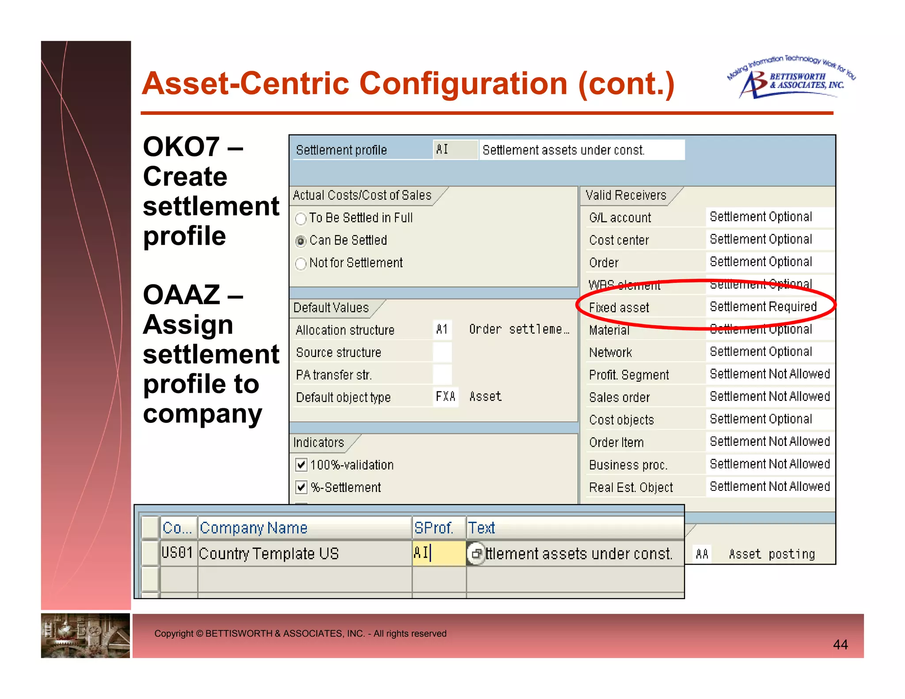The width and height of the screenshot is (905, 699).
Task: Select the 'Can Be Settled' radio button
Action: tap(301, 241)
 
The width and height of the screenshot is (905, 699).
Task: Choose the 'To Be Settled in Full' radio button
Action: tap(301, 219)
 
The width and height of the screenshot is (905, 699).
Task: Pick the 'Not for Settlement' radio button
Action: tap(301, 264)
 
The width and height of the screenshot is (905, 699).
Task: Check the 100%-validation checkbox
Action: tap(301, 465)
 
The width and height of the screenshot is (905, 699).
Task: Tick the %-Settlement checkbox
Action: tap(301, 487)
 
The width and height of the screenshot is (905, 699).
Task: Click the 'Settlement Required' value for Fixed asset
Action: tap(763, 307)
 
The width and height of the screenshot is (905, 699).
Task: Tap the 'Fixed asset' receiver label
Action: tap(619, 308)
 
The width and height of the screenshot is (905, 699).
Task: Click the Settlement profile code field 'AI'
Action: tap(455, 150)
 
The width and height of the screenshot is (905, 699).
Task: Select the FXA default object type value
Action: tap(445, 397)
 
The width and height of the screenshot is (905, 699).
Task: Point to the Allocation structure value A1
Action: tap(442, 330)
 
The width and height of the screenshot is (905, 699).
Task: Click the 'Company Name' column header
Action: tap(254, 528)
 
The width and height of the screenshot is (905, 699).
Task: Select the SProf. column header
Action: tap(434, 528)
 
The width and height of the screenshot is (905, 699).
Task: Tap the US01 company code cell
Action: tap(177, 553)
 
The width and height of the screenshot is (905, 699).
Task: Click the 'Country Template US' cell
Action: tap(269, 554)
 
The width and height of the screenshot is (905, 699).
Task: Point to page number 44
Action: tap(840, 645)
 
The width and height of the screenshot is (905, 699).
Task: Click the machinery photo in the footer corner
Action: tap(85, 635)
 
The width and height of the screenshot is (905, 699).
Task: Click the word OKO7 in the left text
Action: tap(182, 147)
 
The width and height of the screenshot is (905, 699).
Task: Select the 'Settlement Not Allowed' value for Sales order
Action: tap(770, 397)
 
